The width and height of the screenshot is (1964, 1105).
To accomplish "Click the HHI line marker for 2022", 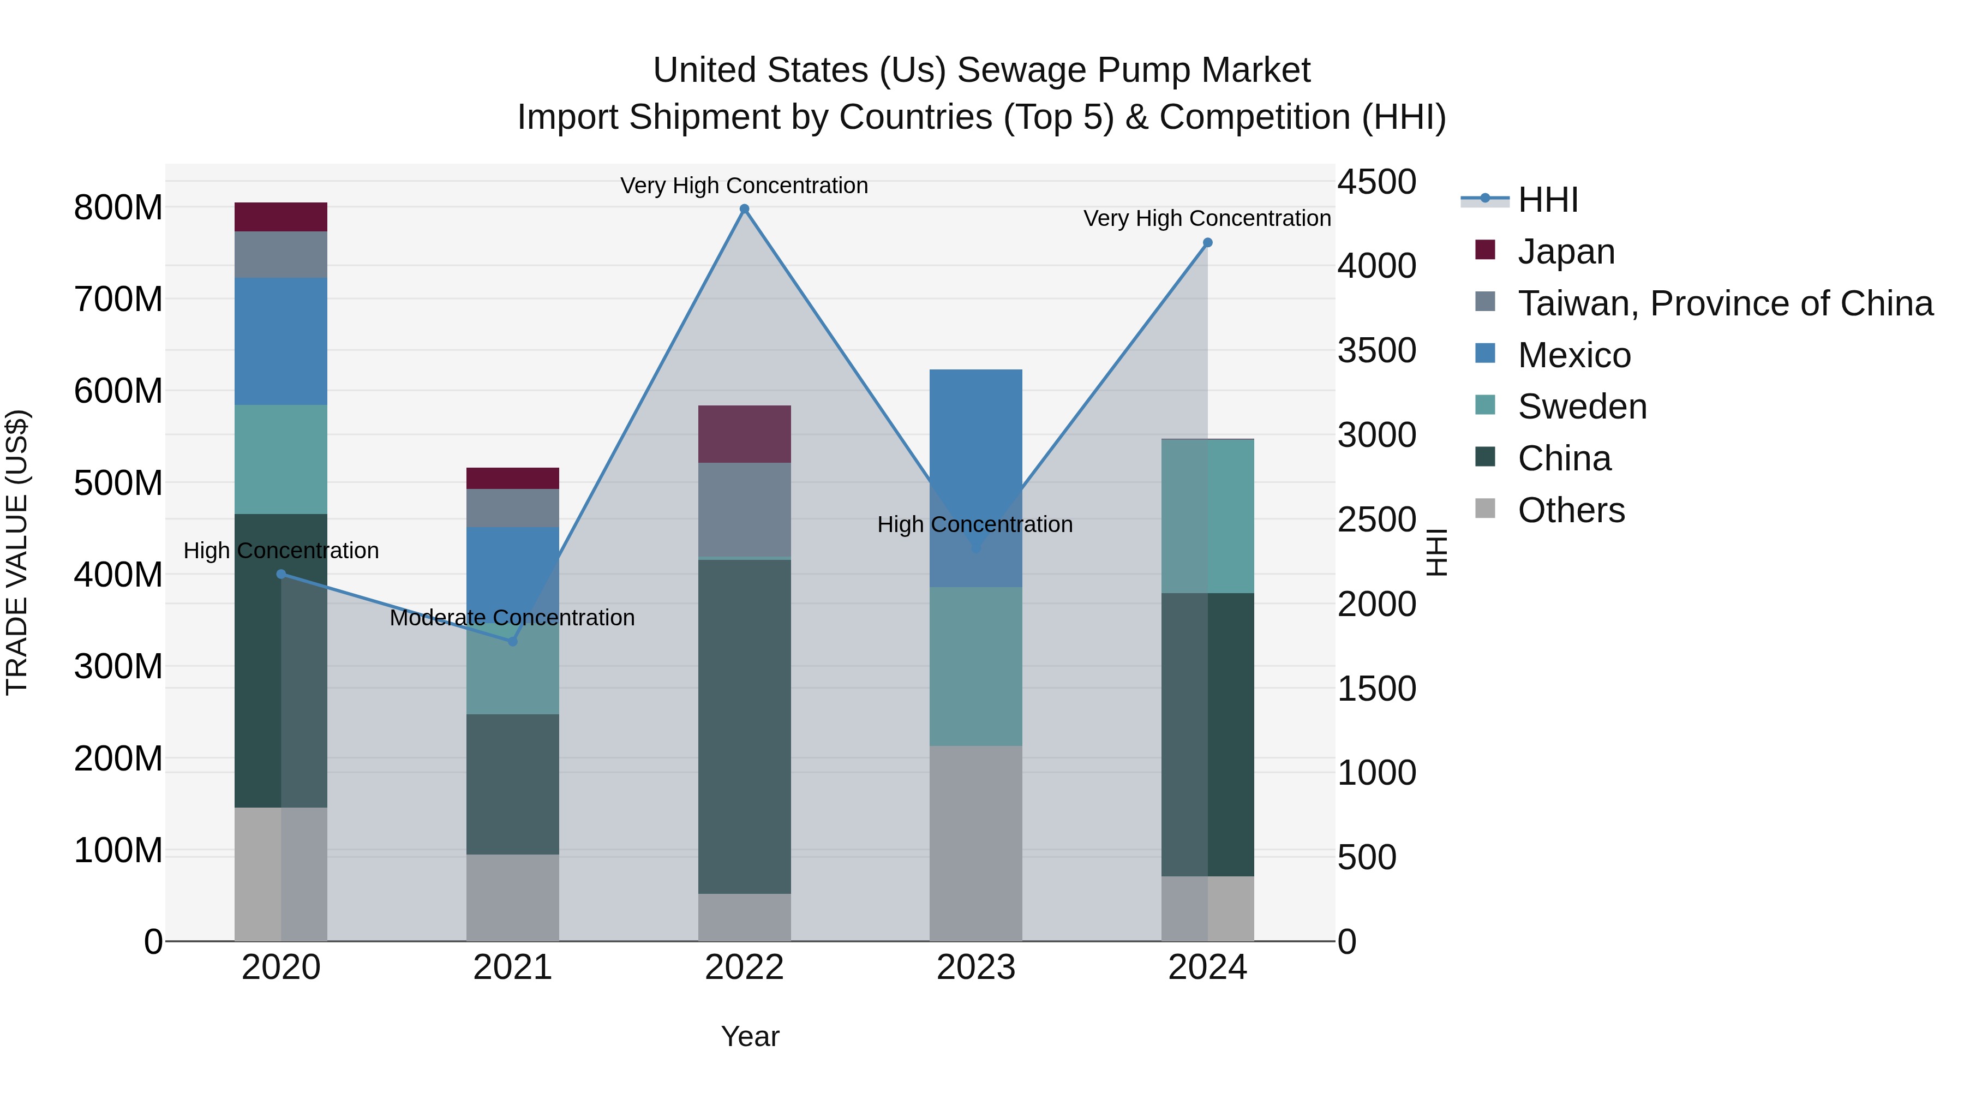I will coord(744,209).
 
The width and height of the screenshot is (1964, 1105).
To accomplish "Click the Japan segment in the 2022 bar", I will coord(744,433).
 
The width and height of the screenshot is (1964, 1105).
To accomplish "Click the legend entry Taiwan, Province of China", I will coord(1725,303).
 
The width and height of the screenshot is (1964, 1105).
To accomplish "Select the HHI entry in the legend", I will coord(1547,200).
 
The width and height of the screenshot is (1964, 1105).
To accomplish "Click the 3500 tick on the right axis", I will coord(1376,351).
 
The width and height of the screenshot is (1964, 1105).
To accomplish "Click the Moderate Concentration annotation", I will coord(512,617).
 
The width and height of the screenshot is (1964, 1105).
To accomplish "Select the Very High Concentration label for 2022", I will coord(744,186).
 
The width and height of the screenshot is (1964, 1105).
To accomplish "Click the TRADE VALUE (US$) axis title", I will coord(17,552).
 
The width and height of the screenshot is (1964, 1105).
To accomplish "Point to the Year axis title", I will coord(750,1036).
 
